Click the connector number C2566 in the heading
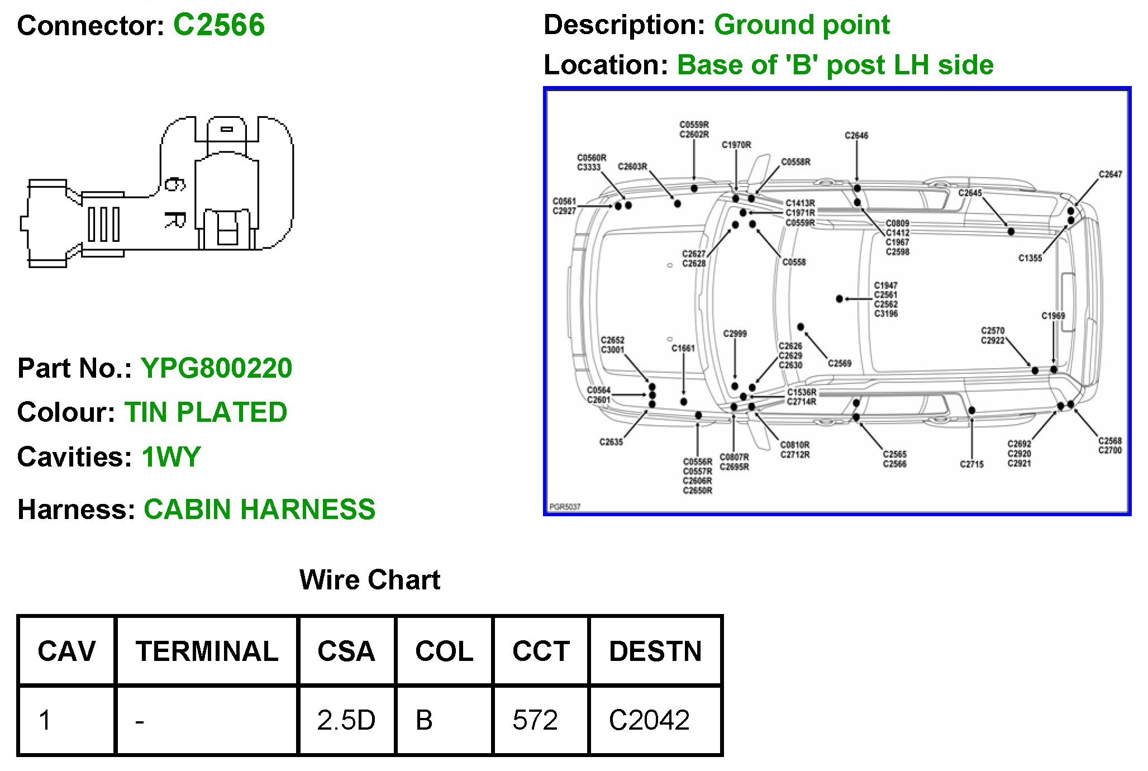219,26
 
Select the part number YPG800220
217,368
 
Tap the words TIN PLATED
206,412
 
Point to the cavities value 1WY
171,457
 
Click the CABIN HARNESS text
260,510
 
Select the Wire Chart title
370,580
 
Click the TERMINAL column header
207,651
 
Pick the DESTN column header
655,651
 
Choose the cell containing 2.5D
346,720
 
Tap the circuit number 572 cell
540,720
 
